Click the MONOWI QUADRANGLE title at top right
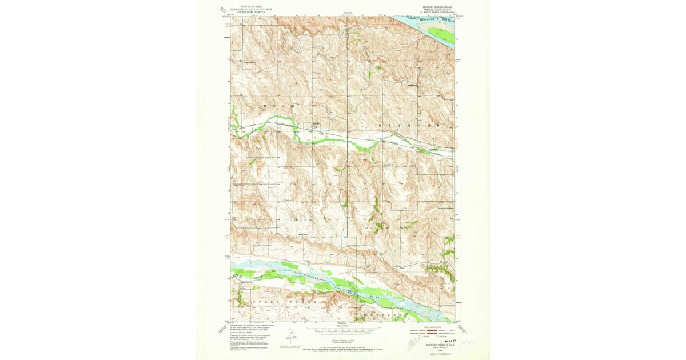coord(437,7)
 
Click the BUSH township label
coord(277,107)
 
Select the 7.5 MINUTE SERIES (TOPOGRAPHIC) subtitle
coord(437,12)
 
